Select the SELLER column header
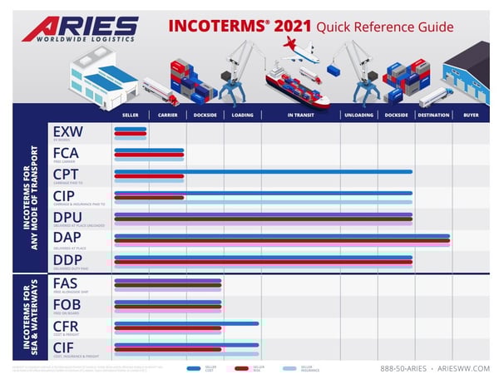130,115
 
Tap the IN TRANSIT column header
300,115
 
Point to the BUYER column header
471,115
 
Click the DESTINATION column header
433,115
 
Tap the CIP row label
64,196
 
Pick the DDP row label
66,259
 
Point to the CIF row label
63,347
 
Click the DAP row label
66,239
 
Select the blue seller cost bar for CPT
263,171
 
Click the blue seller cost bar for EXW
130,129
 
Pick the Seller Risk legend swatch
242,367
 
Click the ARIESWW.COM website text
458,367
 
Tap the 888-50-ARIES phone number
405,367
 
